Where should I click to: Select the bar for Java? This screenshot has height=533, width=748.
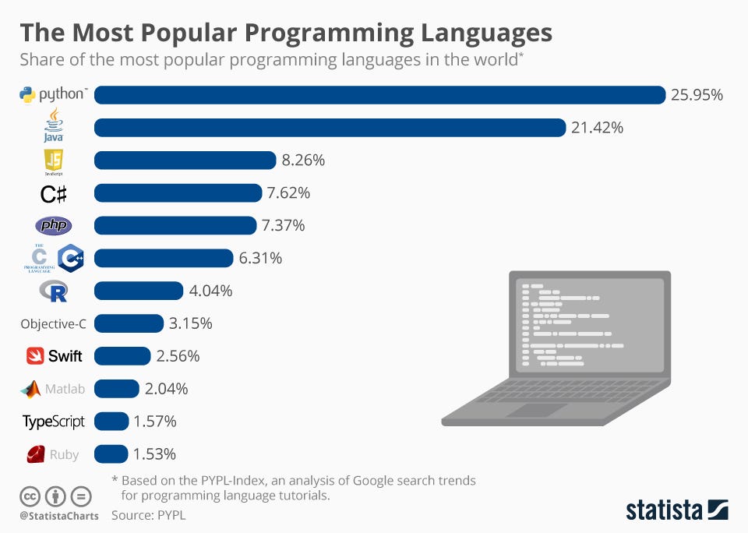[x=330, y=128]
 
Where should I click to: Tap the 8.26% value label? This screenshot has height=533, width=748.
[x=303, y=161]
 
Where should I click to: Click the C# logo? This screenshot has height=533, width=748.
[x=53, y=193]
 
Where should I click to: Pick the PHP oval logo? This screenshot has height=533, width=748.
[x=54, y=226]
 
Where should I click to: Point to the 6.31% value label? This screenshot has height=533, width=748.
[x=260, y=258]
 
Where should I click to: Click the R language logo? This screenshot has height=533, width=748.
[x=54, y=291]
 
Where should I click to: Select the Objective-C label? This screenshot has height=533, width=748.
[x=53, y=323]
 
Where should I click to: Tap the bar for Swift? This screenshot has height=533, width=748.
[x=122, y=356]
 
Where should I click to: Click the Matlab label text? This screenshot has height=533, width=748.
[x=65, y=389]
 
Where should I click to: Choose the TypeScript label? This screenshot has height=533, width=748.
[x=54, y=422]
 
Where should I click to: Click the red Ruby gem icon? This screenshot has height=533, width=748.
[x=35, y=454]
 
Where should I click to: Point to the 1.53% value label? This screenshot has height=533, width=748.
[x=154, y=454]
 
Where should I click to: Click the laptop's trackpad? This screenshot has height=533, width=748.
[x=538, y=410]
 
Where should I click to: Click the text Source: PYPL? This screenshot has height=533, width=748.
[x=148, y=515]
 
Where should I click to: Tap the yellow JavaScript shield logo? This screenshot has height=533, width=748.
[x=53, y=160]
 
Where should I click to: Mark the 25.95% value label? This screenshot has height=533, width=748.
[x=697, y=95]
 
